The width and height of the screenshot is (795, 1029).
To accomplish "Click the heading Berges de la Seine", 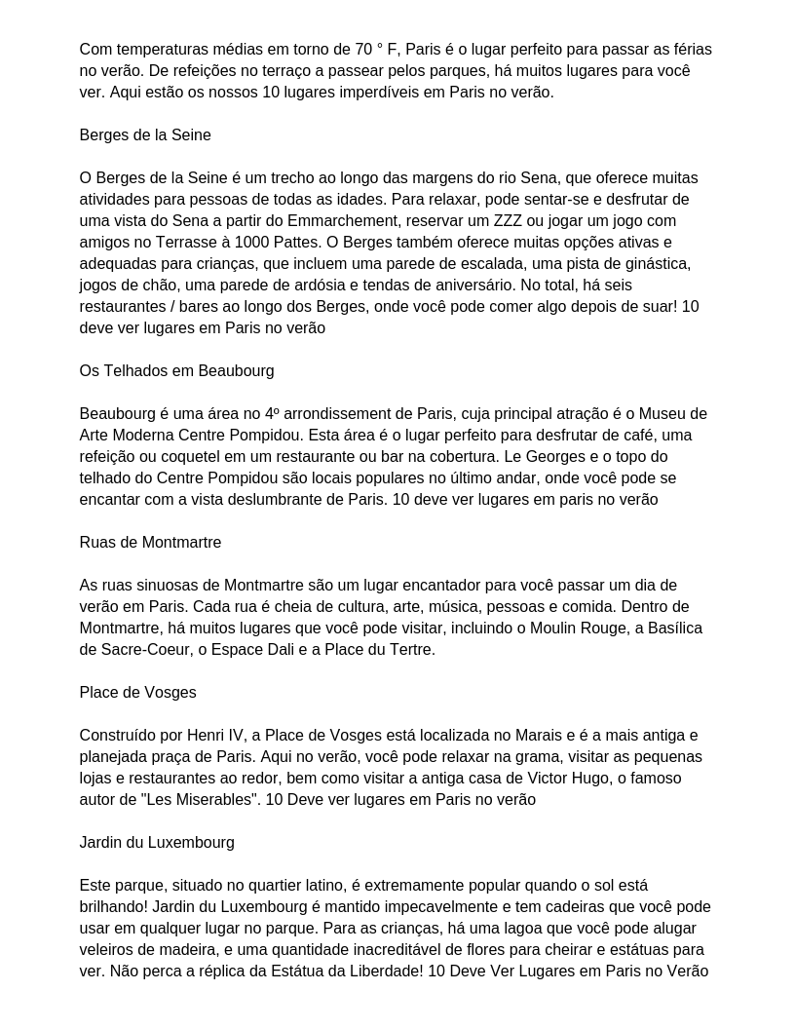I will (145, 135).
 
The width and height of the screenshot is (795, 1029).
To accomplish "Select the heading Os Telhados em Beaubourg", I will (176, 371).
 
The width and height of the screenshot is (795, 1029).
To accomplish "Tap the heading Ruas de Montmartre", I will (150, 543).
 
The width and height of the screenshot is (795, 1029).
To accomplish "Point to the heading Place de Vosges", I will (137, 693).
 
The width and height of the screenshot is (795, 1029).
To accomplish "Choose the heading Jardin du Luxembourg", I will (157, 843).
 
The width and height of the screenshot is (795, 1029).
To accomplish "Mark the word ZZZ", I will (508, 221).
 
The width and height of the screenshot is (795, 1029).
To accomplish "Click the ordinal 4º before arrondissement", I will (272, 414).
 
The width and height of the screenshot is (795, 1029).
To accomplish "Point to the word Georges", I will (546, 457).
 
